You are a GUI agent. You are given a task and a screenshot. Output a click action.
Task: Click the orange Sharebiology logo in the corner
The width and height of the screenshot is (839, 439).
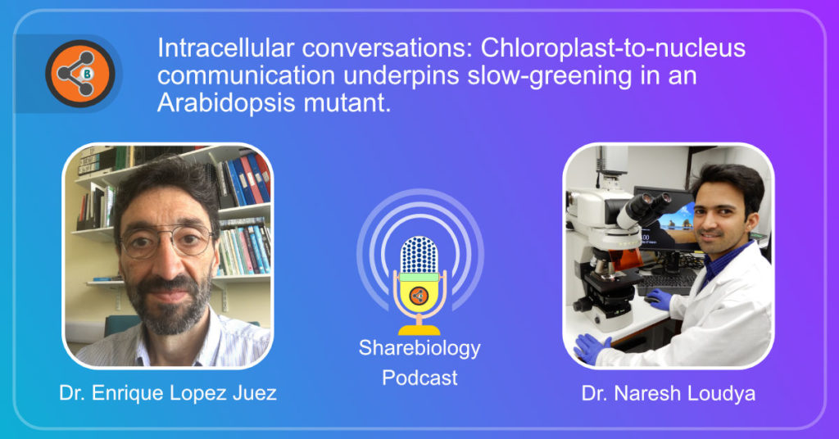[80, 73]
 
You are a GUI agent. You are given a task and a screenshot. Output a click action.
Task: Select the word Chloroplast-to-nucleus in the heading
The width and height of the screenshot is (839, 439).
[613, 48]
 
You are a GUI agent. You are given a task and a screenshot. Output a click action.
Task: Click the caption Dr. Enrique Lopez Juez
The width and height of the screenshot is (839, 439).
[167, 393]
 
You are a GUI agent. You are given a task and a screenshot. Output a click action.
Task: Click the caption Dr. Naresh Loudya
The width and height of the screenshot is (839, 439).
[669, 394]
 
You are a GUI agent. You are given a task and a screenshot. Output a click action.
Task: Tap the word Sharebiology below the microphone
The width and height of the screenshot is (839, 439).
[419, 348]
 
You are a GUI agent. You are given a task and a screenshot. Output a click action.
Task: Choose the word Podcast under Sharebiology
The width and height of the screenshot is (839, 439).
[419, 378]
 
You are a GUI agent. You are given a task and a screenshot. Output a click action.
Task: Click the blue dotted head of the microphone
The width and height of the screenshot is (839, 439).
[419, 254]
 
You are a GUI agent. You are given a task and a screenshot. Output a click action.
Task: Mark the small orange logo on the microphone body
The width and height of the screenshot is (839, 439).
[419, 296]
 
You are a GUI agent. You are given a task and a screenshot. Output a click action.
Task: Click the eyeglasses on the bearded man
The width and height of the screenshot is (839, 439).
[166, 242]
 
